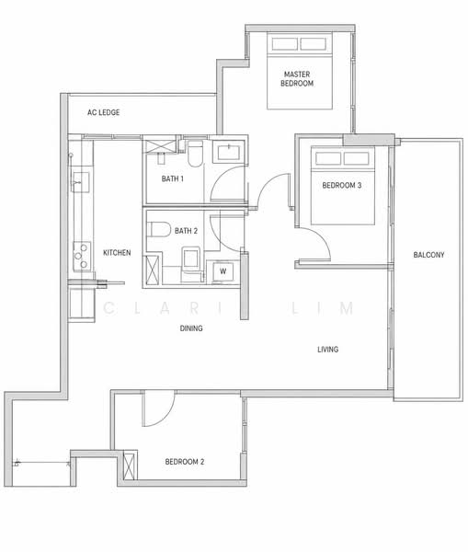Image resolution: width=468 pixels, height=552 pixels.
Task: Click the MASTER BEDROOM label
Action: (297, 79)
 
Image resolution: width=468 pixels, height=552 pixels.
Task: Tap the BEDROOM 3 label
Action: (342, 185)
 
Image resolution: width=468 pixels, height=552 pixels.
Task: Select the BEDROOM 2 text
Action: (185, 462)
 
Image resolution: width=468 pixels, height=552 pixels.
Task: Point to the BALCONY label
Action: (428, 255)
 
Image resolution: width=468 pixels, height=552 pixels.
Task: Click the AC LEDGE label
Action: (104, 112)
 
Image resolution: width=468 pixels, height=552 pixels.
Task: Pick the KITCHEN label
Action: (117, 252)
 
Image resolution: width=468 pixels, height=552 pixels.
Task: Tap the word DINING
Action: (191, 328)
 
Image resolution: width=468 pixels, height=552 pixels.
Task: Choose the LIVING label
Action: (327, 350)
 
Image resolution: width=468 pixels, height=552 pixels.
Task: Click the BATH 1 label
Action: (173, 178)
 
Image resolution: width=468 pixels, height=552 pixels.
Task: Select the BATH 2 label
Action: (186, 231)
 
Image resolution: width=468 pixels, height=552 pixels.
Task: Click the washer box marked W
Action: (223, 271)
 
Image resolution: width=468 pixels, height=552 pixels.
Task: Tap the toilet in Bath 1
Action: (194, 154)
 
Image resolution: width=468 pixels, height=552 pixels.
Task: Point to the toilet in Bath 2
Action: (157, 229)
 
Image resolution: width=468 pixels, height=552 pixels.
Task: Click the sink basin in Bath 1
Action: (229, 153)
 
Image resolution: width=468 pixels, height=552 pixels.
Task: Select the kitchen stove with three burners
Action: (82, 256)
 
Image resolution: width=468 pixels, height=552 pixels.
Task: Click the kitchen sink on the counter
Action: (81, 182)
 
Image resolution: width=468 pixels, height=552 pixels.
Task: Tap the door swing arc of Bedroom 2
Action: (166, 416)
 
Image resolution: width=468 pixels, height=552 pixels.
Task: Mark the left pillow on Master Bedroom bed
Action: (285, 44)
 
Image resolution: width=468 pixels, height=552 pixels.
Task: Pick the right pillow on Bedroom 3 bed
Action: (356, 158)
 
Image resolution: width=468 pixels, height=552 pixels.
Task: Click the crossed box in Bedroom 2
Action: (129, 466)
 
